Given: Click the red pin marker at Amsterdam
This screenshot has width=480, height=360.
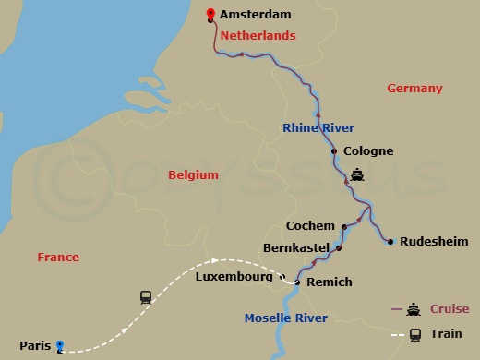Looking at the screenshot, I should pos(211,14).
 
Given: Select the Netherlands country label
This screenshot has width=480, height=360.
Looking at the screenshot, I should pos(258,35).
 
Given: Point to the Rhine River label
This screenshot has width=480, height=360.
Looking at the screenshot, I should pos(319,128).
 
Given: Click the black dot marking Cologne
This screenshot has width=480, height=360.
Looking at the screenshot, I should pos(334,151).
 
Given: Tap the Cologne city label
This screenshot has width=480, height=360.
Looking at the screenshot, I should pos(368,151).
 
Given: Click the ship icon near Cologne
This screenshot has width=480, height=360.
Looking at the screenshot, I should pos(358,173).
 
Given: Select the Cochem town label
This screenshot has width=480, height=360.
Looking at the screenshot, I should pos(312,225).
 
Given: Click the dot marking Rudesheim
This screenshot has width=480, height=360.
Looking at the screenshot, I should pos(390,242).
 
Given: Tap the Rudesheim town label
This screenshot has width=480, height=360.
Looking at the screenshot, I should pos(432,242).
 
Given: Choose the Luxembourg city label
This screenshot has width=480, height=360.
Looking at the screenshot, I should pos(235,276).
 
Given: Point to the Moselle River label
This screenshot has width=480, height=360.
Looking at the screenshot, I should pos(285,318).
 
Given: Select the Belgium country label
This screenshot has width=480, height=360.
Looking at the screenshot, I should pos(193,174).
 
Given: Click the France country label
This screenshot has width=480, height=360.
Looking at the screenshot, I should pos(58,258).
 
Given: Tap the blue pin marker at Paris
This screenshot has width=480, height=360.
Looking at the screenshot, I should pos(60,346).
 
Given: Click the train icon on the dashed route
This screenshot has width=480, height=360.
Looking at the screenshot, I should pos(146,297).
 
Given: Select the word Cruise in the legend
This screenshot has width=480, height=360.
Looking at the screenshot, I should pos(450,309).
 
